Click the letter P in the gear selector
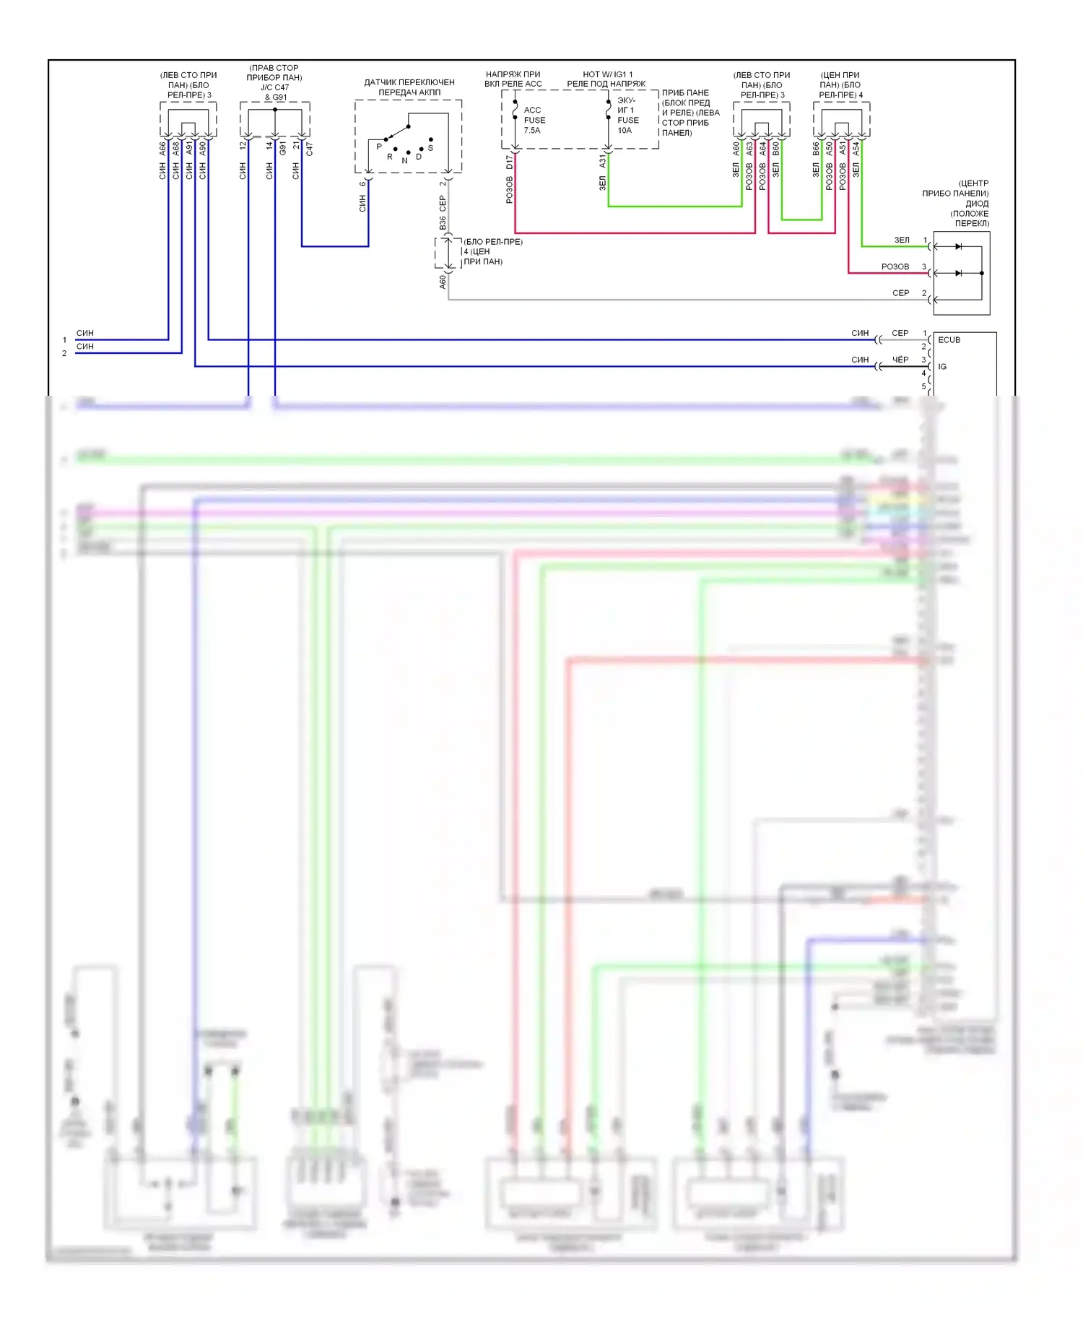[x=379, y=147]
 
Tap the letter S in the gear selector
[x=430, y=148]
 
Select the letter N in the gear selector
[x=404, y=160]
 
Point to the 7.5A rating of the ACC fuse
[x=532, y=131]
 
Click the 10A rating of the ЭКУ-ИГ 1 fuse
[x=625, y=131]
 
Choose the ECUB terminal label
[x=949, y=340]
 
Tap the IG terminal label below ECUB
[x=942, y=367]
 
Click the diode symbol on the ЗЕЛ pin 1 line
[x=958, y=247]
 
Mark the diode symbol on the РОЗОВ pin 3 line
[x=958, y=274]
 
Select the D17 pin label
[x=510, y=162]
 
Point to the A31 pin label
[x=603, y=162]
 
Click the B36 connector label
[x=443, y=223]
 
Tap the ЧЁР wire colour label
[x=900, y=360]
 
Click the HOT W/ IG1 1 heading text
[x=607, y=74]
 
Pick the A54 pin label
[x=856, y=149]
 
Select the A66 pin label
[x=162, y=149]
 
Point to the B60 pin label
[x=775, y=149]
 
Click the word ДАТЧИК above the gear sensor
[x=380, y=82]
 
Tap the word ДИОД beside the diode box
[x=977, y=204]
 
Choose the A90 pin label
[x=203, y=149]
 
